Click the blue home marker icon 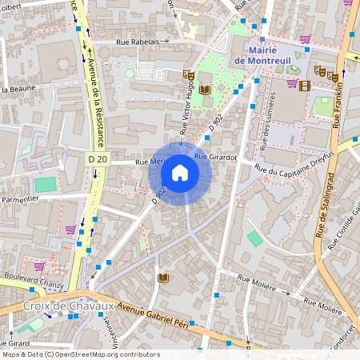180,172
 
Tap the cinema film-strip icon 305,86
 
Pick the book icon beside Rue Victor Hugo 204,89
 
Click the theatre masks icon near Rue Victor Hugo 189,74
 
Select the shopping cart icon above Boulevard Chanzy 38,265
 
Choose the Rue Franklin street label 338,93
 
